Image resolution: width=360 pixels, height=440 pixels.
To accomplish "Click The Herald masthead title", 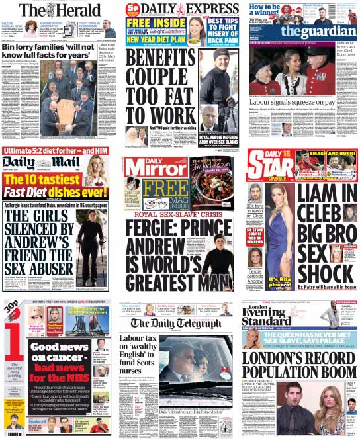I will tap(60, 10).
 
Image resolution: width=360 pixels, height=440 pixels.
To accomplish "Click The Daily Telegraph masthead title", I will tap(178, 324).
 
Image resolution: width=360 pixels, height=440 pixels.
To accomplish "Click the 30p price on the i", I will tap(10, 307).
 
